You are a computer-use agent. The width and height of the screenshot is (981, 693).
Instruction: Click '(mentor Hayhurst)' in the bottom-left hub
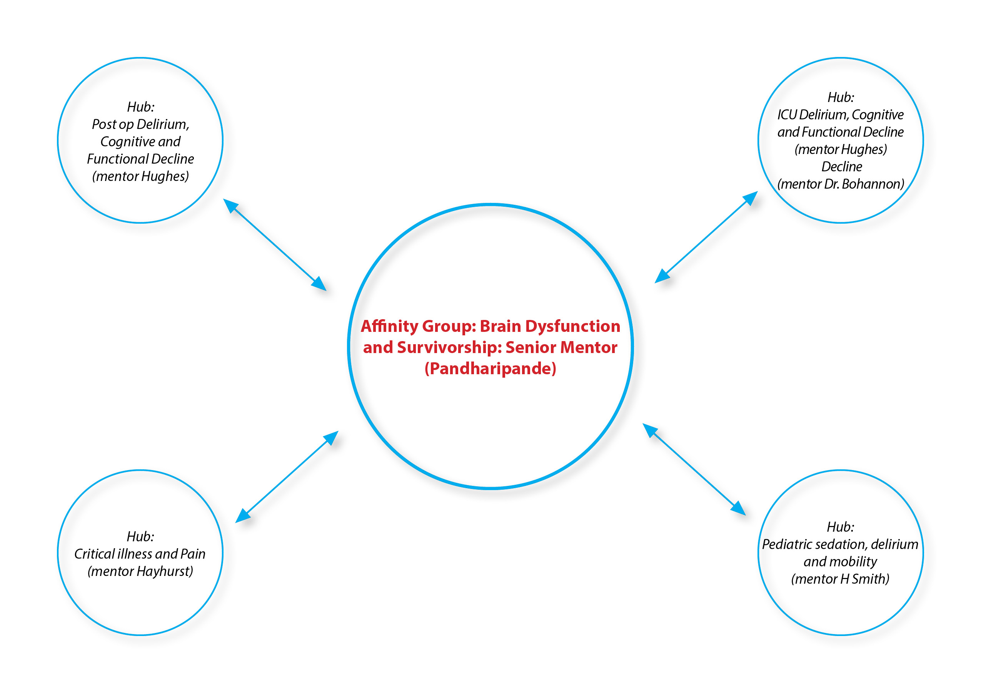pyautogui.click(x=140, y=571)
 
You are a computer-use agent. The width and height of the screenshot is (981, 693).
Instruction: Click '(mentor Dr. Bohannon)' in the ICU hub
pyautogui.click(x=841, y=184)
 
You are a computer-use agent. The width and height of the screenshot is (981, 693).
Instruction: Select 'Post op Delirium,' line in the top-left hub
pyautogui.click(x=140, y=124)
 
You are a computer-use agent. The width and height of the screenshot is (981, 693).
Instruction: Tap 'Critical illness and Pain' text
pyautogui.click(x=140, y=554)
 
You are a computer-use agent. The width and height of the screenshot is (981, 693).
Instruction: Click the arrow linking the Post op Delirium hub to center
pyautogui.click(x=275, y=244)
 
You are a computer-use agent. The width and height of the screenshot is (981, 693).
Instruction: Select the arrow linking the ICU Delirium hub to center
pyautogui.click(x=706, y=237)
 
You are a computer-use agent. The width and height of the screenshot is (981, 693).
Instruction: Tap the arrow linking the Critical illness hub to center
pyautogui.click(x=287, y=477)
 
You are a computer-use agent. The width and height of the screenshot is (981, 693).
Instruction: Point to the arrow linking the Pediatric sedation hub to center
pyautogui.click(x=694, y=469)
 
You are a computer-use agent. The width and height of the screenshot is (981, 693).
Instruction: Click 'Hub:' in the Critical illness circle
pyautogui.click(x=140, y=537)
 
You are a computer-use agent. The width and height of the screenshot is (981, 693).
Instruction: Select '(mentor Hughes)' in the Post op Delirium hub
pyautogui.click(x=140, y=176)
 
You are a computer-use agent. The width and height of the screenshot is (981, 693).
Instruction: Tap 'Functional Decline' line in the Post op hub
pyautogui.click(x=140, y=159)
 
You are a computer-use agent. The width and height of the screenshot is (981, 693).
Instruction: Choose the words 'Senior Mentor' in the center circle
pyautogui.click(x=561, y=348)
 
